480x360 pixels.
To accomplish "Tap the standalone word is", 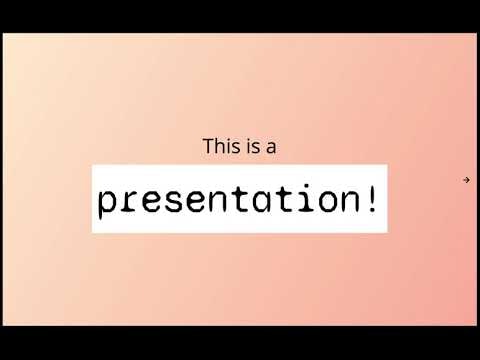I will (x=250, y=147).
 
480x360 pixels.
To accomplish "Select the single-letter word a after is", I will (x=270, y=148).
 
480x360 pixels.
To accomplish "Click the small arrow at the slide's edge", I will (x=466, y=180).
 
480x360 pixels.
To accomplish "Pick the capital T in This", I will (x=209, y=147).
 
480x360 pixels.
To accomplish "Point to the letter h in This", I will (x=221, y=147).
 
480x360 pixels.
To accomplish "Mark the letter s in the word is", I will (x=254, y=148).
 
